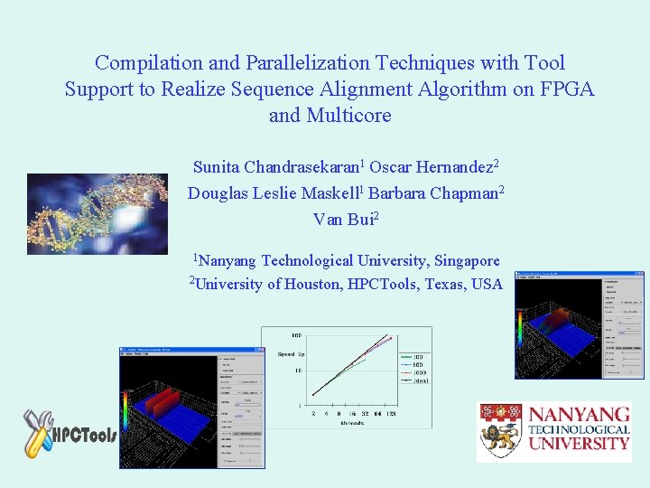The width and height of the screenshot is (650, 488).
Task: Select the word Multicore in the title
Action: pos(348,116)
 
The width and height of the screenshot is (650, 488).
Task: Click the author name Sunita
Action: pos(218,167)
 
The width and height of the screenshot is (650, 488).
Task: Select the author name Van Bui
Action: pos(342,219)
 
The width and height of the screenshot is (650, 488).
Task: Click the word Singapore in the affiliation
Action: pos(467,260)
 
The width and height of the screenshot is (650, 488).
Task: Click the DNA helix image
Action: pos(97,213)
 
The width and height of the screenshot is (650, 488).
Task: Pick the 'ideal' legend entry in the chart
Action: pos(421,380)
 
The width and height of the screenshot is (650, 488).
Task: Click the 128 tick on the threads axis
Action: pos(389,413)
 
